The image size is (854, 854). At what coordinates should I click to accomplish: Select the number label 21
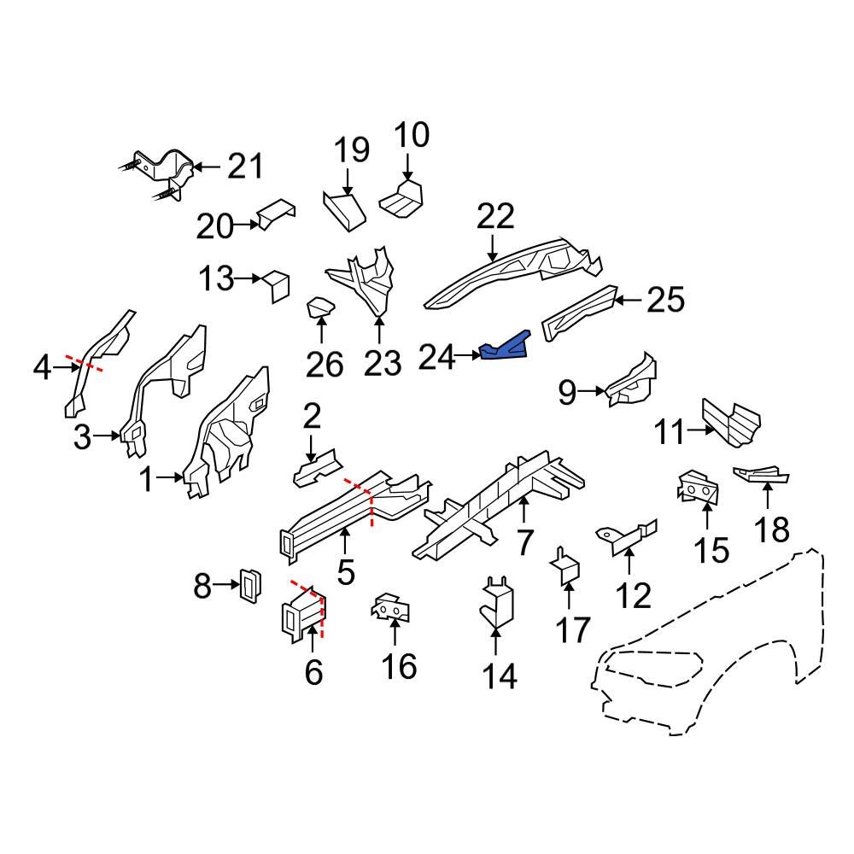pos(245,166)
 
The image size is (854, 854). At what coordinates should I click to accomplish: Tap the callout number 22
pos(495,217)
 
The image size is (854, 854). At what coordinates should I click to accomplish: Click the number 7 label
pos(524,543)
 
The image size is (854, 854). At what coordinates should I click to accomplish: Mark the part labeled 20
pos(276,213)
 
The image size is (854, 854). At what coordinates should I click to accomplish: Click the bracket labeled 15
pos(698,488)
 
